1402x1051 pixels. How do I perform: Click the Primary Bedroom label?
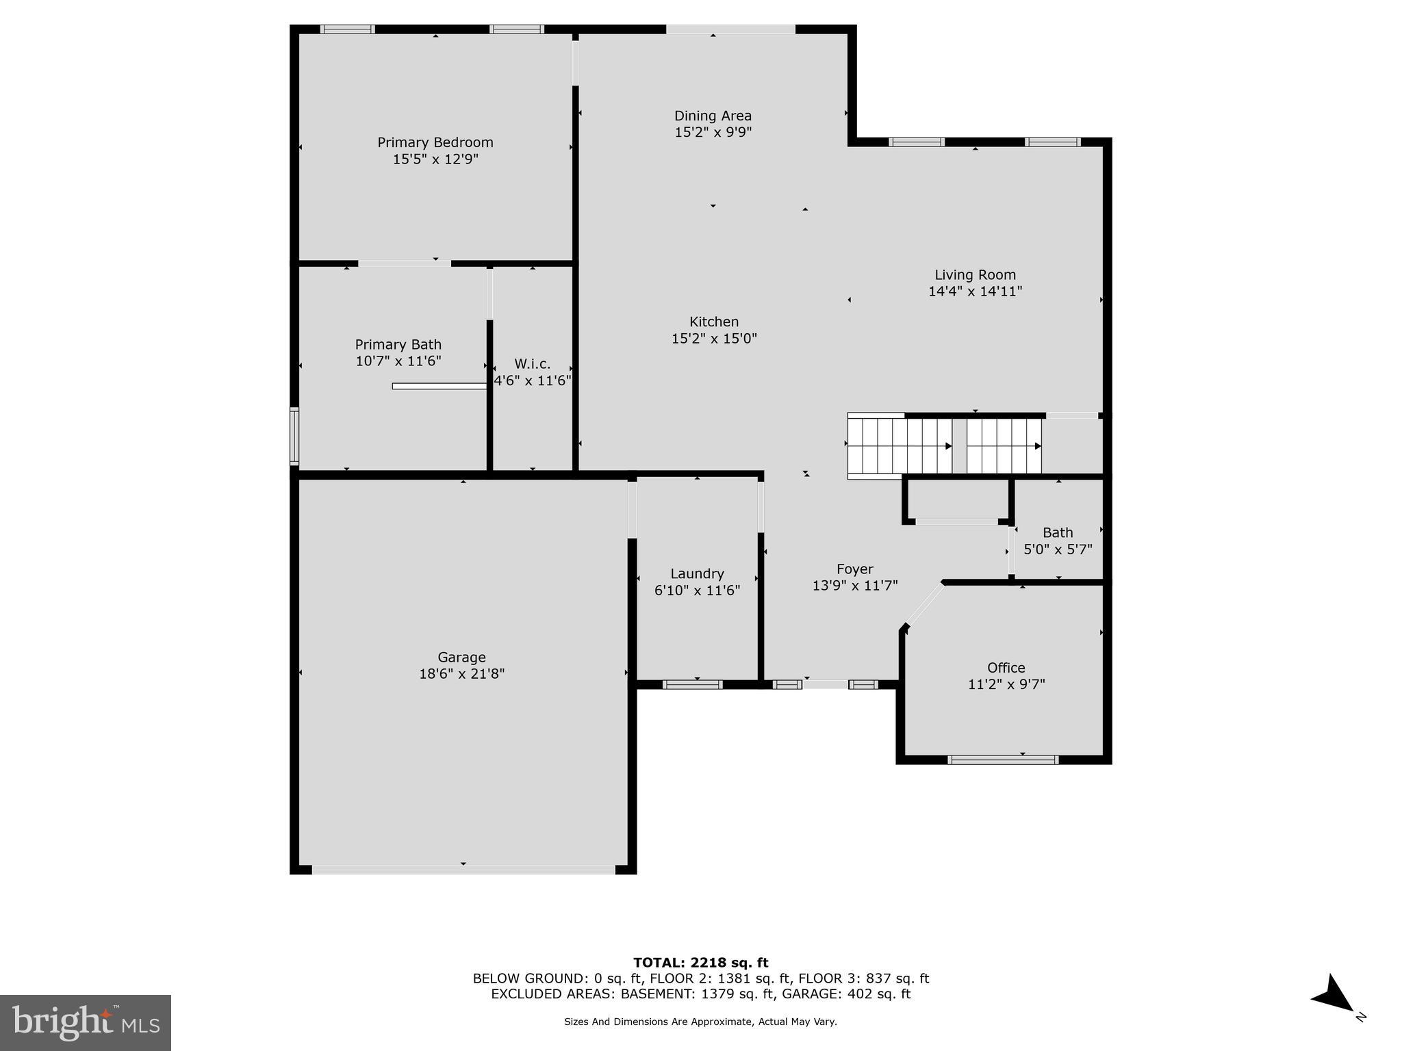click(x=435, y=142)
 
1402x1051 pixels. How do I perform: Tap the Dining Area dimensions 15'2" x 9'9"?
click(x=713, y=132)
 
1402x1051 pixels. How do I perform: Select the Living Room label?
click(x=975, y=275)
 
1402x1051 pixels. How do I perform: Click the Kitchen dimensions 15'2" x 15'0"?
click(x=713, y=338)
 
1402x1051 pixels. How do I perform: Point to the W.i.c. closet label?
click(x=532, y=364)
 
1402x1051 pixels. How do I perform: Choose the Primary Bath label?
click(x=398, y=345)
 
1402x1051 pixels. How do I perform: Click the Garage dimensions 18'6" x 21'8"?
click(x=461, y=674)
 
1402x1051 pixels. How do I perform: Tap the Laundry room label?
click(x=697, y=574)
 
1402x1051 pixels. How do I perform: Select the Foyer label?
click(x=854, y=569)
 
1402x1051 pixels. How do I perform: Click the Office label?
click(x=1006, y=668)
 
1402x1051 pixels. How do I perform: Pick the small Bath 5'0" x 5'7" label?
click(x=1058, y=541)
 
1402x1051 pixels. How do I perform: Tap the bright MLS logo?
click(x=86, y=1023)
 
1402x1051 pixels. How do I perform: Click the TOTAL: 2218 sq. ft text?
click(x=700, y=963)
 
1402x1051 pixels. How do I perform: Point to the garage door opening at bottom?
click(x=463, y=870)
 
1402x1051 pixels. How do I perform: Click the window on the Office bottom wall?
click(x=1003, y=760)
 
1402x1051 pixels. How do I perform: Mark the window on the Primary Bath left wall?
click(x=294, y=436)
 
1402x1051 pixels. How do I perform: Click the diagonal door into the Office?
click(x=924, y=604)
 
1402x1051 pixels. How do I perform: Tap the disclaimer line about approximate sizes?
click(x=700, y=1022)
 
